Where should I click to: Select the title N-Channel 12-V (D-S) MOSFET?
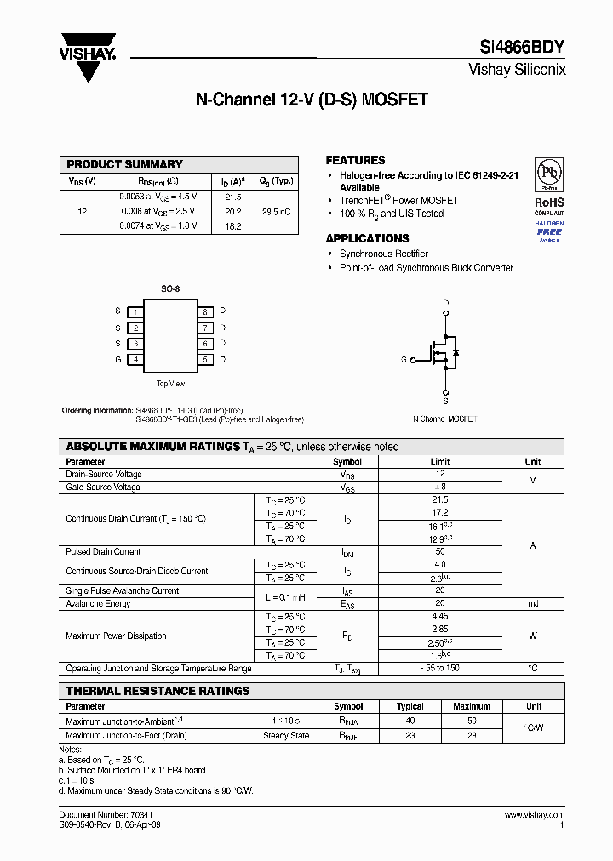312,100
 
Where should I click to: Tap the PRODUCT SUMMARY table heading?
124,164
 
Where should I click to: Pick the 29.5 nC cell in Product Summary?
277,211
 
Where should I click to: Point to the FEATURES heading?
355,160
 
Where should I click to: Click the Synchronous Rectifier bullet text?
383,254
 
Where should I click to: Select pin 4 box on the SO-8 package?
135,359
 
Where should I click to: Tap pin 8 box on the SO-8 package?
205,311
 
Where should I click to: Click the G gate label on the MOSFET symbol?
404,360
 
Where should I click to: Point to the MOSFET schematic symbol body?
443,351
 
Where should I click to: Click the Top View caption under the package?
170,384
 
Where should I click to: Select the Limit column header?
440,462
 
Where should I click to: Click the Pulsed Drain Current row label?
103,552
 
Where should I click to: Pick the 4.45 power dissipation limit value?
440,616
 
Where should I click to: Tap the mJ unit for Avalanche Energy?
533,603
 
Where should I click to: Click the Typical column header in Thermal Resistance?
410,706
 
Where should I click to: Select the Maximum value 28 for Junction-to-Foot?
472,735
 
